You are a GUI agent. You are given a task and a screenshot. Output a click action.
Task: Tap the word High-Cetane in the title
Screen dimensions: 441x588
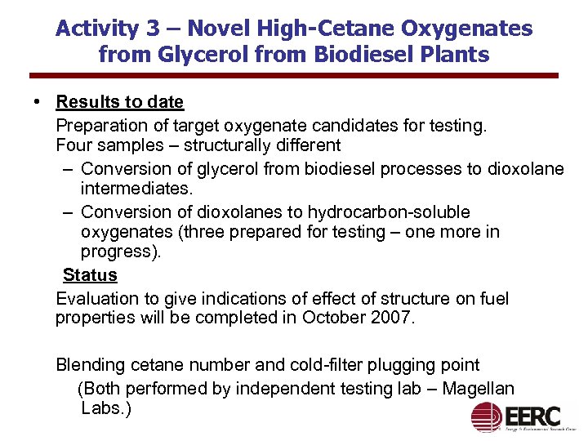coord(303,29)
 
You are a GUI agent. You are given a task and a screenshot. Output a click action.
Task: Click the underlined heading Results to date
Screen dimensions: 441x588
coord(119,102)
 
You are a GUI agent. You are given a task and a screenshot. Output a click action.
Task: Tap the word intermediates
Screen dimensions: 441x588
coord(135,189)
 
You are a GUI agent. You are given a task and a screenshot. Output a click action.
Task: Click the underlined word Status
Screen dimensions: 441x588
coord(90,274)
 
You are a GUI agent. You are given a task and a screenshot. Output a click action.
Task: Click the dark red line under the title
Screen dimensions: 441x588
coord(293,77)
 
